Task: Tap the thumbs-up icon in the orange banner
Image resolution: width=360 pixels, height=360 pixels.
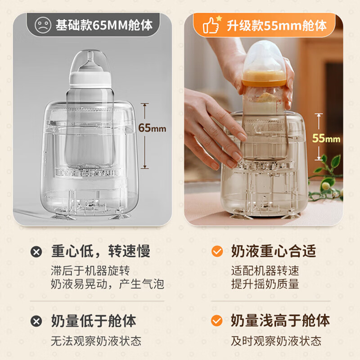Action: coord(210,26)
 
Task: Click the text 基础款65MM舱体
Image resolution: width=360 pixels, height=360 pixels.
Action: coord(104,25)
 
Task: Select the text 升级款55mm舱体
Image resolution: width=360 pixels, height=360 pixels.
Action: coord(277,26)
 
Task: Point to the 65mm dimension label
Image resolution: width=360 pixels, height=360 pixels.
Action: coord(152,128)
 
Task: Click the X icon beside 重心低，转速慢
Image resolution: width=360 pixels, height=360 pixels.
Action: coord(36,251)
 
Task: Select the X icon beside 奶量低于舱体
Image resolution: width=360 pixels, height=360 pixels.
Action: coord(36,321)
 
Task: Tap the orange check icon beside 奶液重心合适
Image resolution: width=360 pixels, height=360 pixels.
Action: coord(217,251)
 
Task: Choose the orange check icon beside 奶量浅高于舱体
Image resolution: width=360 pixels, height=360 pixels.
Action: coord(217,321)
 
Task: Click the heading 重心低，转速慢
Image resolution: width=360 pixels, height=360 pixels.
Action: coord(100,251)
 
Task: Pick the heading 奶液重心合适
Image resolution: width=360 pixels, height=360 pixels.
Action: coord(274,251)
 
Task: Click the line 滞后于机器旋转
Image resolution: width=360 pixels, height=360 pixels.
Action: coord(90,271)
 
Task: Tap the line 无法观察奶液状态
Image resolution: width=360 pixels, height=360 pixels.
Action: coord(96,341)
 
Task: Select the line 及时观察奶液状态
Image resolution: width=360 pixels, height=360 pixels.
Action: coord(276,341)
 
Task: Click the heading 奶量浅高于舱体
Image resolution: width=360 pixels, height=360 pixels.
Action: coord(280,321)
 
